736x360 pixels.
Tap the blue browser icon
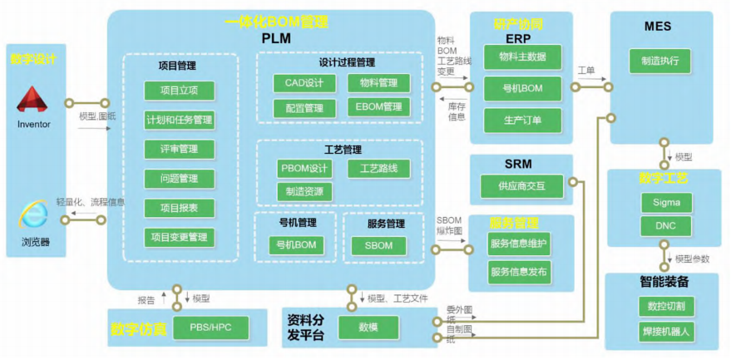pyautogui.click(x=33, y=216)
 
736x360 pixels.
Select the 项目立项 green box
pyautogui.click(x=179, y=91)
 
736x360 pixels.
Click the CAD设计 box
pyautogui.click(x=304, y=83)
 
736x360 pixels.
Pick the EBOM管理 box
pyautogui.click(x=378, y=107)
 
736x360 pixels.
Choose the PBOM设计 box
pyautogui.click(x=304, y=169)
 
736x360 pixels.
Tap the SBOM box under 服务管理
pyautogui.click(x=378, y=245)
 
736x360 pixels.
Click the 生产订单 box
pyautogui.click(x=522, y=120)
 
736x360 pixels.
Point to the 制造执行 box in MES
pyautogui.click(x=660, y=61)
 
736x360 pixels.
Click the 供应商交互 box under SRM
pyautogui.click(x=521, y=186)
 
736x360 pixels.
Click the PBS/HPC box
pyautogui.click(x=210, y=328)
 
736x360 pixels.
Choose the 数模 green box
pyautogui.click(x=368, y=328)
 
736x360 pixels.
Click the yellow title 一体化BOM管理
pyautogui.click(x=276, y=22)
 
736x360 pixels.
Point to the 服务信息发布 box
pyautogui.click(x=520, y=272)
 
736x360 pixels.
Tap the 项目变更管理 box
pyautogui.click(x=179, y=237)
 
